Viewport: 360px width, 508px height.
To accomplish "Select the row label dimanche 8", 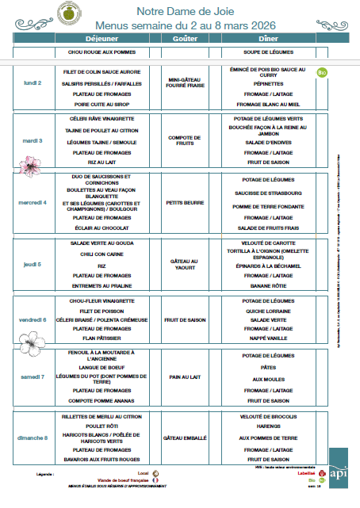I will tap(33, 437).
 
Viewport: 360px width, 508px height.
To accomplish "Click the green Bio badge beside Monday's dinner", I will tap(322, 73).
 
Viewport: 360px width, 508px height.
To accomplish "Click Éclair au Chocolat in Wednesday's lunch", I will tap(101, 227).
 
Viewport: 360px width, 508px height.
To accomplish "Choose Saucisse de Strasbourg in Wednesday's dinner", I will tap(267, 193).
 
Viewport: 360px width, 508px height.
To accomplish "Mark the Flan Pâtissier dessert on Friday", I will tap(101, 337).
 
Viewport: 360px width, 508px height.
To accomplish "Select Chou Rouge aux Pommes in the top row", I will tap(101, 52).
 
